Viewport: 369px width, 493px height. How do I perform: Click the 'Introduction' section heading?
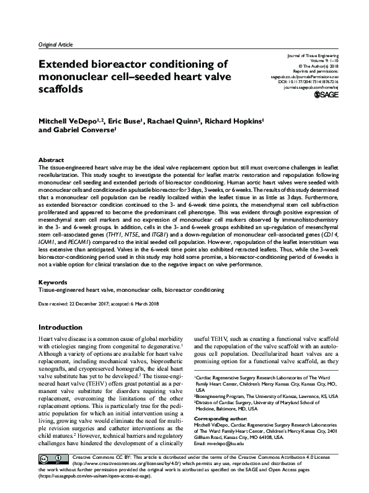64,327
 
